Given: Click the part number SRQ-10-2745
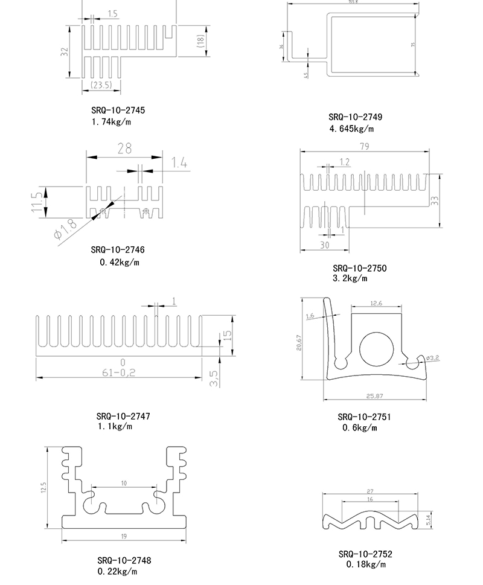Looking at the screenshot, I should [x=118, y=110].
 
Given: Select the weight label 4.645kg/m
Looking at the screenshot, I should [x=351, y=129].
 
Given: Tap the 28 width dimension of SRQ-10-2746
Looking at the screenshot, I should [x=124, y=149].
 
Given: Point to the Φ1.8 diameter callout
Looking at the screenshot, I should [x=66, y=229].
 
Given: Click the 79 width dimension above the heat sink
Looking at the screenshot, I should [x=364, y=146].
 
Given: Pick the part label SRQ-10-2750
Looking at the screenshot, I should [x=359, y=268].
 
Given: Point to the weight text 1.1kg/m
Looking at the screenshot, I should [x=115, y=427].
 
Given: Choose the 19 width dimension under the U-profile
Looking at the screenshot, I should [x=123, y=536].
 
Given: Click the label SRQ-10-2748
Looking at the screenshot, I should [x=124, y=560].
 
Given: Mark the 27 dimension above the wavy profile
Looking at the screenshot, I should [x=370, y=491].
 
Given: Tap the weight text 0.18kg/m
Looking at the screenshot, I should [x=365, y=564].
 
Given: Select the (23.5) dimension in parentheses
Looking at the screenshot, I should [x=101, y=86].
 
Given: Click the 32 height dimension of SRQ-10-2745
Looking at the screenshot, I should [x=64, y=52].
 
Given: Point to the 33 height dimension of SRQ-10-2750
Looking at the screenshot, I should [x=434, y=200].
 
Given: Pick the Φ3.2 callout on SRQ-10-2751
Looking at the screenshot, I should [x=433, y=358].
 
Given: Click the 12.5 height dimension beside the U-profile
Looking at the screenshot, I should [x=43, y=487].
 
